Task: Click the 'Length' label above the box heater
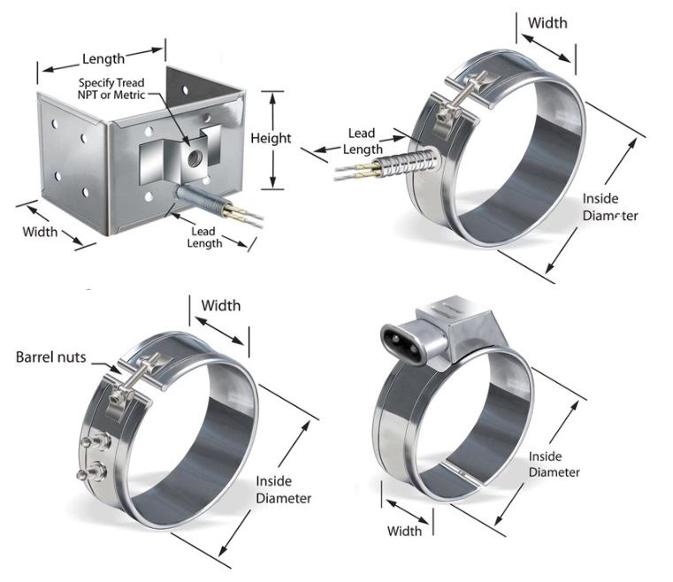tap(103, 58)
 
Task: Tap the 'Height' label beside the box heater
tap(271, 138)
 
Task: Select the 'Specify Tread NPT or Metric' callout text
tap(111, 88)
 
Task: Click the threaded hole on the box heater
tap(195, 157)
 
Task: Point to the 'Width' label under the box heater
tap(40, 233)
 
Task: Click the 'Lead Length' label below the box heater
tap(205, 237)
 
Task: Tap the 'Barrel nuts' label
tap(50, 357)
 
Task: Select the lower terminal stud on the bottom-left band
tap(91, 472)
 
